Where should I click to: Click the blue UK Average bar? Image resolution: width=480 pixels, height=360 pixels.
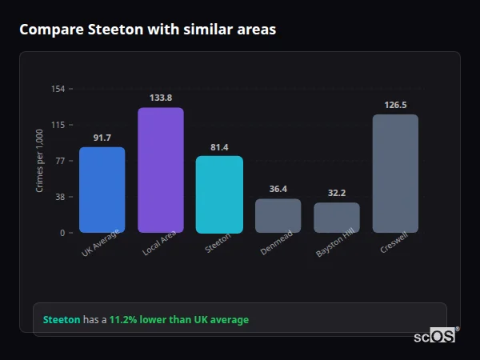pos(102,190)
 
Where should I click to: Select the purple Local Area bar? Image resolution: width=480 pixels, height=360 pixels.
pos(161,170)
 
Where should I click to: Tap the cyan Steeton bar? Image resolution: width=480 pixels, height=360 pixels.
pos(219,194)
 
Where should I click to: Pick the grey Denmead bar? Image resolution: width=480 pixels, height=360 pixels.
pos(278,215)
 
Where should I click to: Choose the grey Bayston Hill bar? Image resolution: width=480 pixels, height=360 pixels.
pos(337,217)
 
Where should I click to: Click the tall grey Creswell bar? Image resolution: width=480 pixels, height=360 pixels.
pos(395,173)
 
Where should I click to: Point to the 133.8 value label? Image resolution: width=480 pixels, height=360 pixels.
pos(161,98)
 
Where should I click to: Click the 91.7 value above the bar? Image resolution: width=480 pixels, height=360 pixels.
pos(102,138)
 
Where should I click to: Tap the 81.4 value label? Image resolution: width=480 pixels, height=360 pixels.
pos(219,146)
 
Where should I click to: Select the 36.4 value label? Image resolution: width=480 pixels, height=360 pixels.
pos(278,189)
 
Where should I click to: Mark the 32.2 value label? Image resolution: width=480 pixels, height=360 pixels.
pos(337,193)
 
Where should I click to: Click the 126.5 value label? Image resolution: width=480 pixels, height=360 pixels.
pos(395,105)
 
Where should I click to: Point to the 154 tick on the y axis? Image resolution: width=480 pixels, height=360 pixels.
pos(58,89)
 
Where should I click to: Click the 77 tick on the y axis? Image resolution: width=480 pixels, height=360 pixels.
pos(60,161)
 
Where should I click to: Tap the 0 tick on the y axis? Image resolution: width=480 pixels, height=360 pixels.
pos(62,233)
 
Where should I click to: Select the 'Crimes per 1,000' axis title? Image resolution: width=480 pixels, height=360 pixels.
pos(39,161)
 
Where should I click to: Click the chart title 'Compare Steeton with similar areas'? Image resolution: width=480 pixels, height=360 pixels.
pos(148,30)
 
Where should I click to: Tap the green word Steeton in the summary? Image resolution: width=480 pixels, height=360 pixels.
pos(62,319)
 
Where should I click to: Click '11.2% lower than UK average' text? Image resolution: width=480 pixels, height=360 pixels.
pos(179,319)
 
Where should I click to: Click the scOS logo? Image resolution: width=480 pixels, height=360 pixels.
pos(435,336)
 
